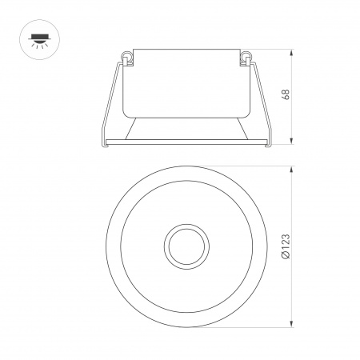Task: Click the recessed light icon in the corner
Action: (36, 36)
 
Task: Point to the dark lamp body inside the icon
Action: (36, 34)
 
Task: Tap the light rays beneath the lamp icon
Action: (36, 43)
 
